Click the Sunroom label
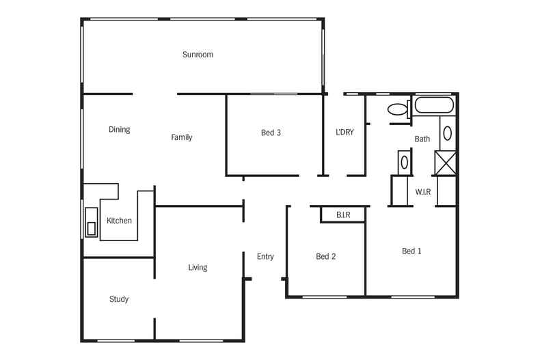tap(198, 55)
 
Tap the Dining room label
tap(119, 130)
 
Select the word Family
tap(181, 137)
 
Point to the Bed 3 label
tap(271, 133)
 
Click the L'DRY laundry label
tap(345, 133)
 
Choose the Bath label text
tap(422, 139)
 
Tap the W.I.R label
tap(423, 192)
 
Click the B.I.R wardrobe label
tap(342, 215)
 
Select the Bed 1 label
tap(411, 251)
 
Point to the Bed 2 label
tap(325, 257)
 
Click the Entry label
tap(265, 257)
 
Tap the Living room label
tap(198, 267)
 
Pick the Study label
tap(119, 299)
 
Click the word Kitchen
tap(119, 221)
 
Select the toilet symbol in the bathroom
tap(397, 108)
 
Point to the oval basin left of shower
tap(404, 163)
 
